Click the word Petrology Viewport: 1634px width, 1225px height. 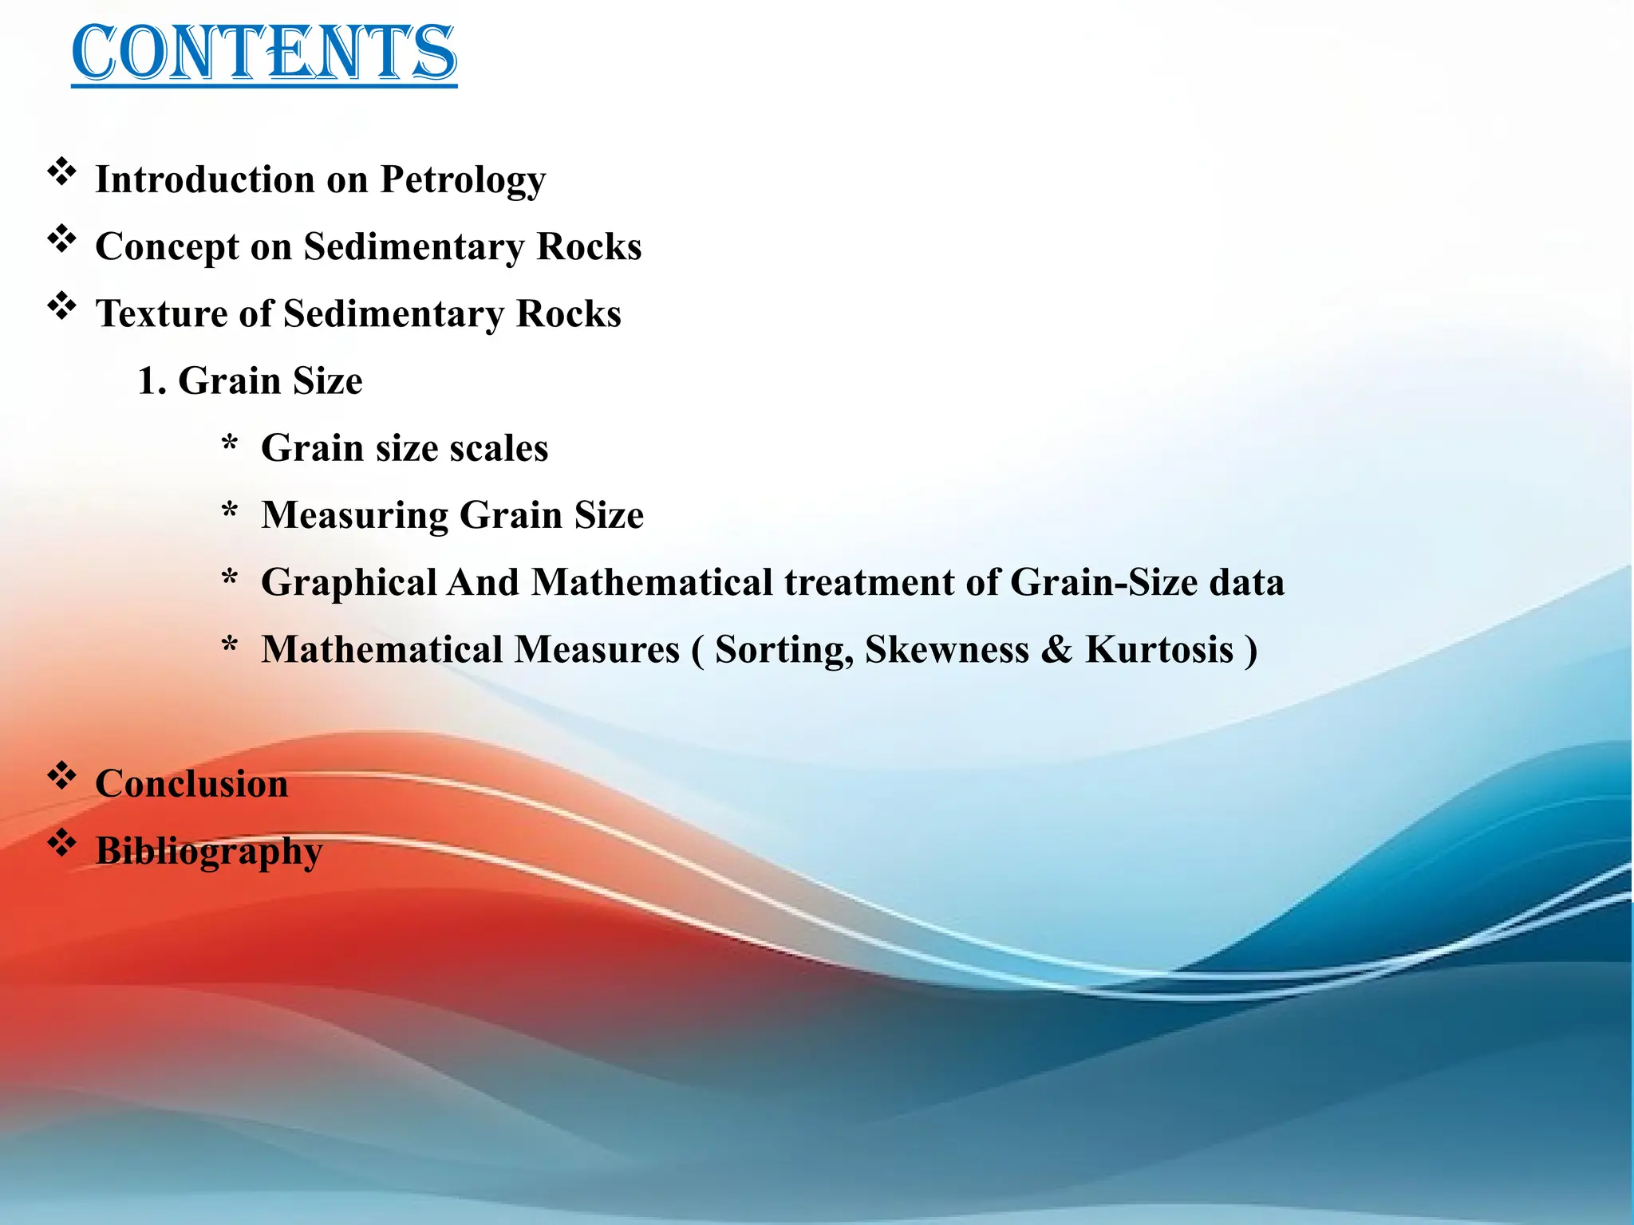(x=463, y=180)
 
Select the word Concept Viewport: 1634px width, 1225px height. (x=167, y=247)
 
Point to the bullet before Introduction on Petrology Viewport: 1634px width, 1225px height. (x=61, y=171)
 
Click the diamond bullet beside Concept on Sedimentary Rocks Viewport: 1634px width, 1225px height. (x=61, y=238)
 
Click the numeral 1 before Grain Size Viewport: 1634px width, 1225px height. (x=147, y=381)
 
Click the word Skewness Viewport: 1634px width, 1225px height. (x=946, y=650)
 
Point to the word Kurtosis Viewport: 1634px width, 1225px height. (x=1159, y=650)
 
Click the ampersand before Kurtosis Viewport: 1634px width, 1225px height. (x=1056, y=650)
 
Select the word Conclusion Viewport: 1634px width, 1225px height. (x=191, y=784)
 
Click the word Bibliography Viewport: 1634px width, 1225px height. (x=209, y=852)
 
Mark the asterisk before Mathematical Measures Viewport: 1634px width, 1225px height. (x=230, y=645)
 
